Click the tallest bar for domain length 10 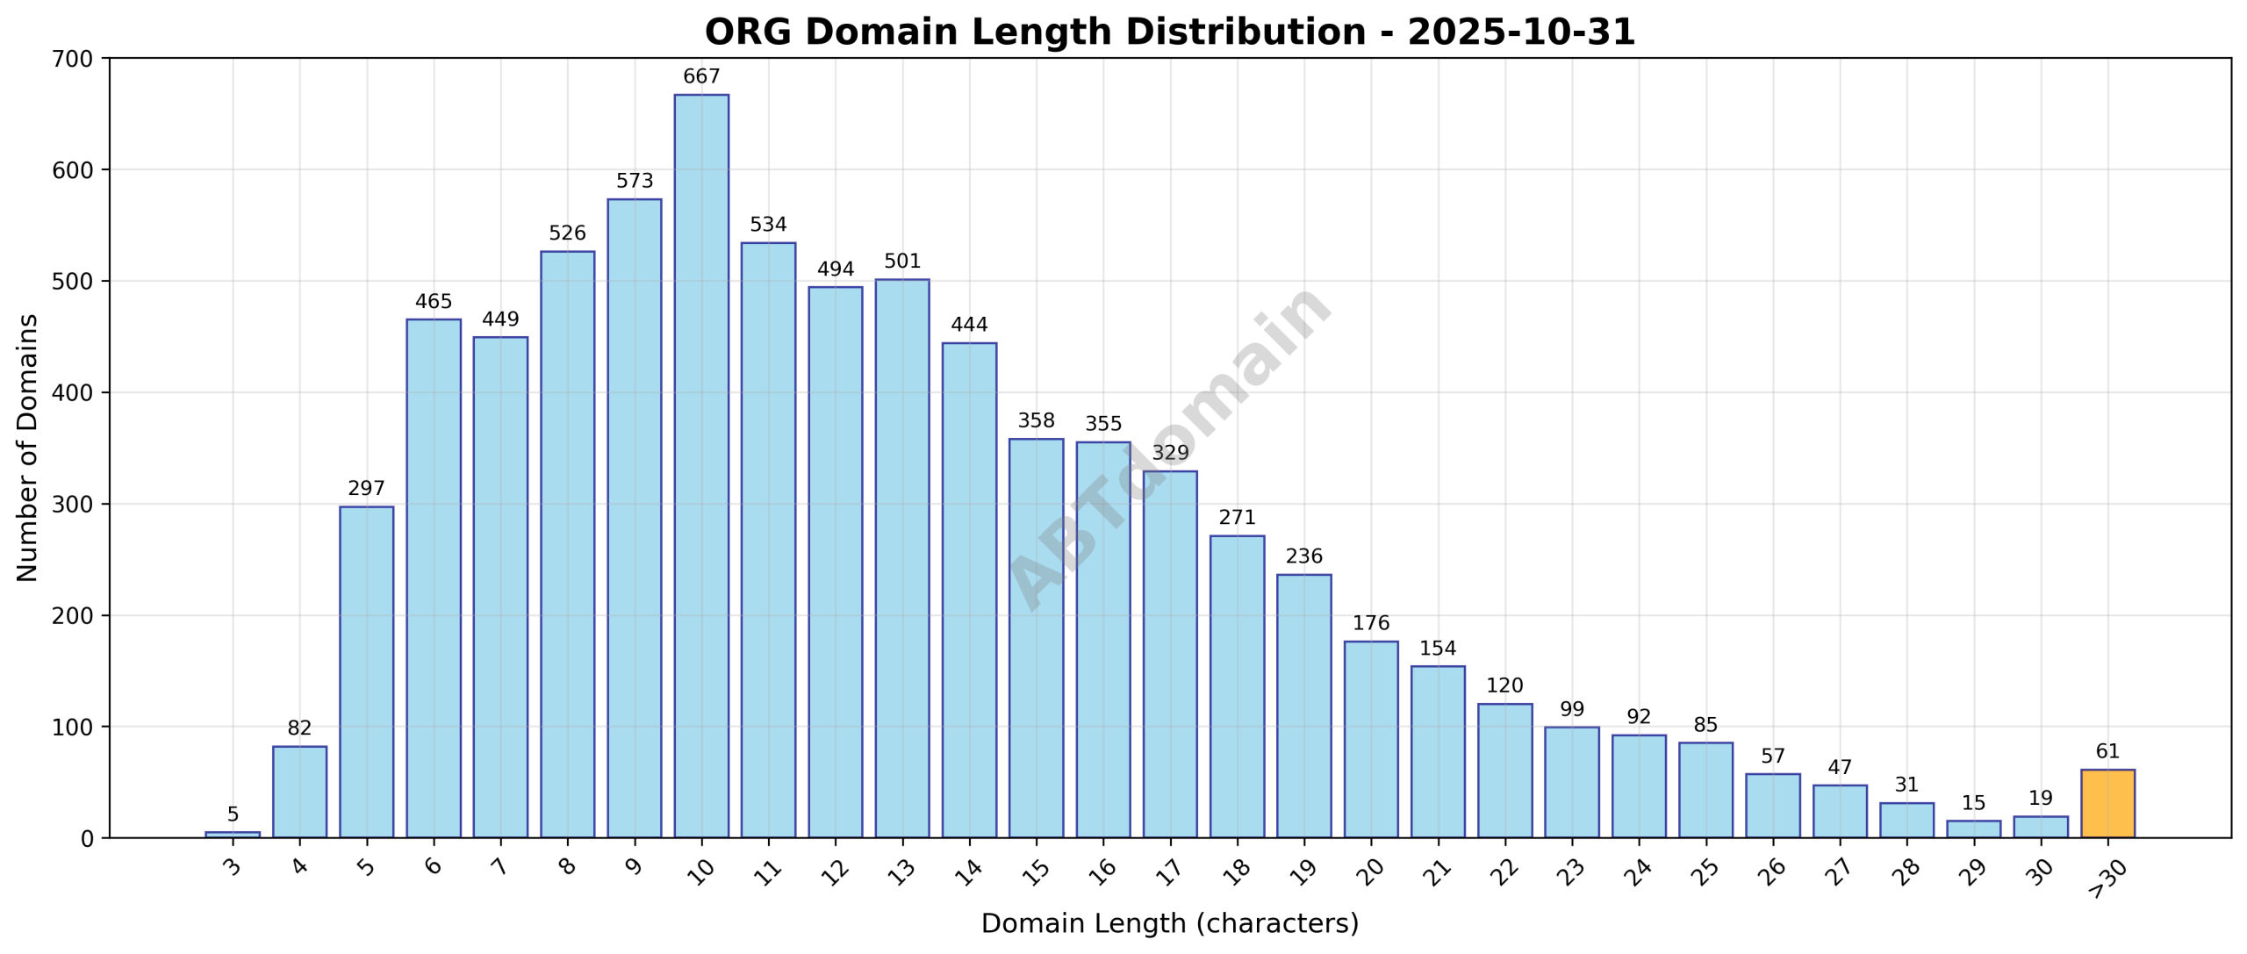[701, 465]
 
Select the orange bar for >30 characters [2107, 804]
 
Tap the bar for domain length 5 [366, 671]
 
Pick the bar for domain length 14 [969, 590]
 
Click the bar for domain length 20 [1371, 739]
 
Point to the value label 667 [701, 77]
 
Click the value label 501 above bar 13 [902, 262]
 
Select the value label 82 [299, 728]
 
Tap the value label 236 [1303, 556]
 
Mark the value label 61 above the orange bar [2107, 752]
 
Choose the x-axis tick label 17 [1169, 871]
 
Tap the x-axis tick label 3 [232, 867]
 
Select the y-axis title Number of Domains [28, 448]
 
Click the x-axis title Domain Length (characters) [1169, 924]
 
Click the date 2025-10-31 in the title [1521, 32]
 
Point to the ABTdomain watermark [1169, 448]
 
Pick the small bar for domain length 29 [1973, 829]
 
